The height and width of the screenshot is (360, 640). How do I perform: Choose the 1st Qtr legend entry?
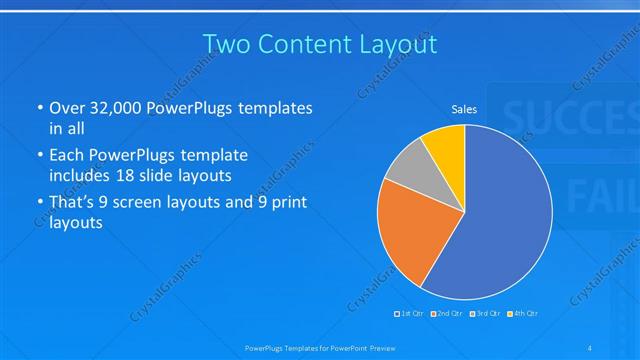pyautogui.click(x=409, y=314)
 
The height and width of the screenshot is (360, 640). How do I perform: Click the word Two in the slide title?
pyautogui.click(x=225, y=44)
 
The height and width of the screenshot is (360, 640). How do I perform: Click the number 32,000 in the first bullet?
pyautogui.click(x=116, y=108)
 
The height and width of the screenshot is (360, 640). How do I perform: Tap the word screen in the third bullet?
pyautogui.click(x=162, y=203)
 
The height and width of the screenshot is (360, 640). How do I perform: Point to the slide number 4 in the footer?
pyautogui.click(x=591, y=347)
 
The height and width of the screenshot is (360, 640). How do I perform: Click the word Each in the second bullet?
pyautogui.click(x=68, y=156)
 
